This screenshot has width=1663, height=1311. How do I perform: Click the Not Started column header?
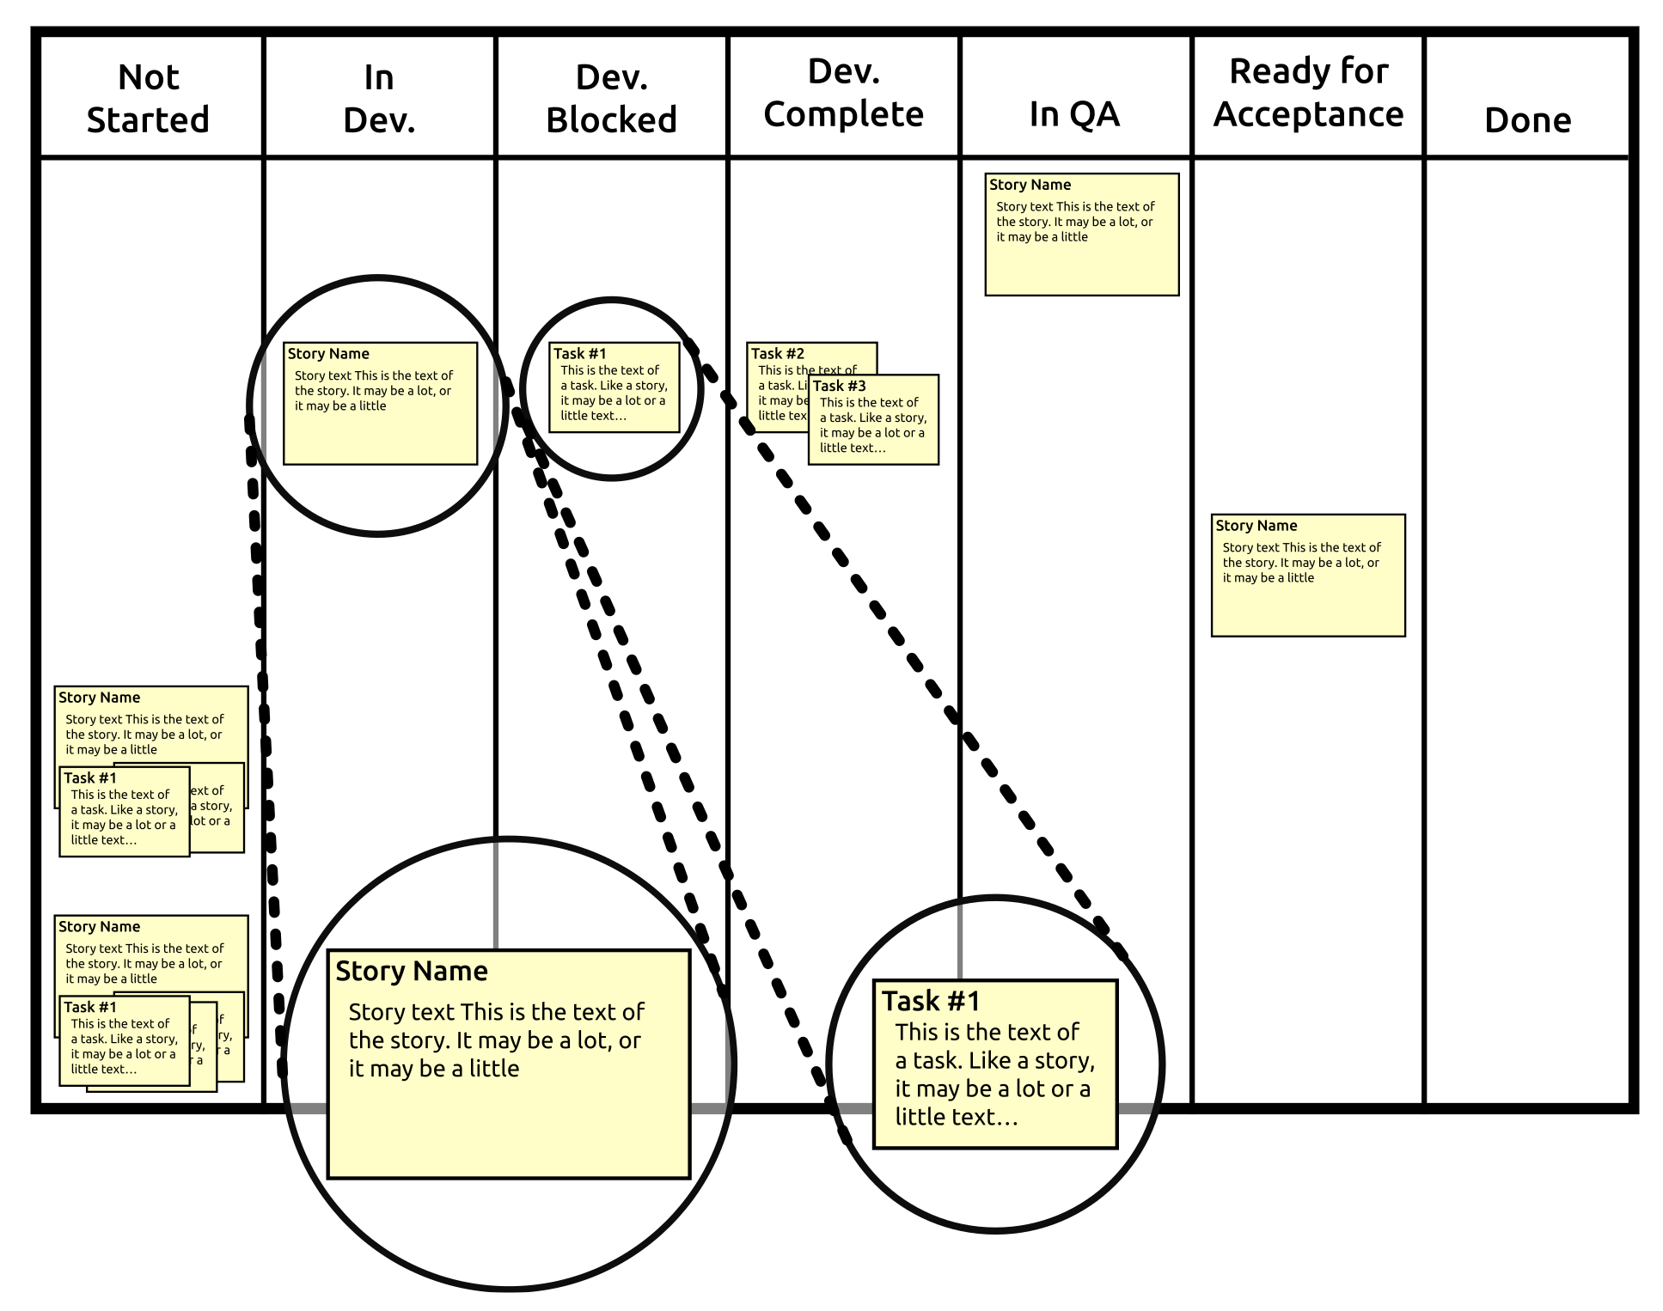pos(149,98)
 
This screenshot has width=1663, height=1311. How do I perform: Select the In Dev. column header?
pos(379,98)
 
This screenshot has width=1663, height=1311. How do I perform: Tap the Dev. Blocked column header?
pos(611,98)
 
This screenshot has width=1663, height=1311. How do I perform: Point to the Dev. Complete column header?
pos(843,93)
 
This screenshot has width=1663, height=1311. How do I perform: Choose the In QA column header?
pos(1074,113)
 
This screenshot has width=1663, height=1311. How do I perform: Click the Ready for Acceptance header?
pos(1308,93)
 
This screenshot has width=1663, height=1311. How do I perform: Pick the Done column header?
pos(1527,119)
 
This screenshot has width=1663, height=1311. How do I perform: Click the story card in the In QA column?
pos(1081,235)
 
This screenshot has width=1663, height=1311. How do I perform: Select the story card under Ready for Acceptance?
pos(1307,576)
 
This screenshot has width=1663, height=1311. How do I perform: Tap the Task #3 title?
pos(839,386)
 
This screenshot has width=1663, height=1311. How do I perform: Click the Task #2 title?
pos(777,353)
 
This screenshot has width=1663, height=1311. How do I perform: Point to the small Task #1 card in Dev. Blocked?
pos(614,387)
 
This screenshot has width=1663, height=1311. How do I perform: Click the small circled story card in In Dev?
pos(380,404)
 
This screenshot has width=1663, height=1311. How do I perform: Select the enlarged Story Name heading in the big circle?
pos(411,971)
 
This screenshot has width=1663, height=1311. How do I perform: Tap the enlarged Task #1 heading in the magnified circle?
pos(930,1001)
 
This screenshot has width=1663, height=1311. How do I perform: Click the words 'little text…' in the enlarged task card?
pos(956,1117)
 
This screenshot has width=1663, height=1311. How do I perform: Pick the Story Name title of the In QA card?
pos(1029,185)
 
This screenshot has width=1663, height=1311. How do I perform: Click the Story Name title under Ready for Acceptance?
pos(1256,526)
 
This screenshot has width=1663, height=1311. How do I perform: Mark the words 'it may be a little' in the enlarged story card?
pos(433,1069)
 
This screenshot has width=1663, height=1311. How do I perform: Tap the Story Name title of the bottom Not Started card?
pos(99,927)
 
